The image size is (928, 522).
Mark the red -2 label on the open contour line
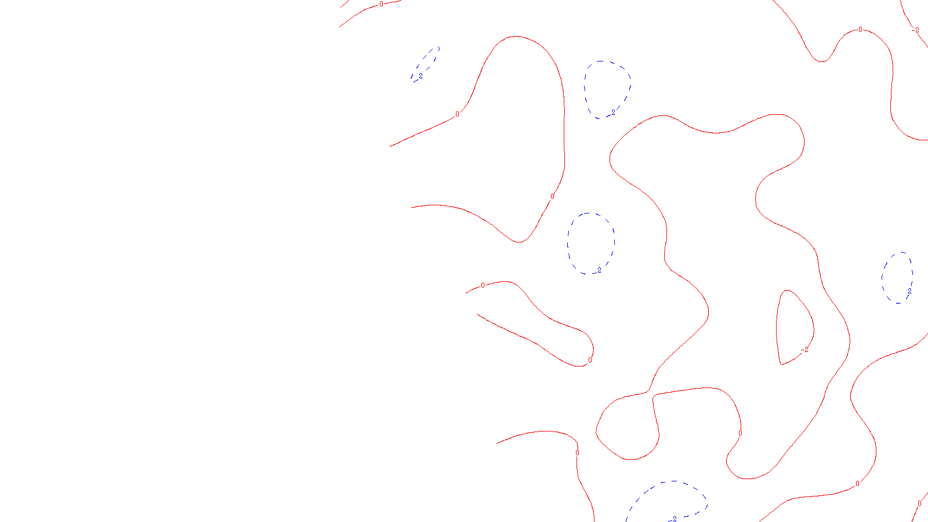tap(915, 30)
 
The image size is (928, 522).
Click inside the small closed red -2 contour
tap(793, 328)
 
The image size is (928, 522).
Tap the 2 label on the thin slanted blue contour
tap(420, 75)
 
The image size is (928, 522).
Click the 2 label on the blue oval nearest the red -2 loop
tap(909, 291)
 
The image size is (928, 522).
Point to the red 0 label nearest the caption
tap(577, 453)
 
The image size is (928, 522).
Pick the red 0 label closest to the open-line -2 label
tap(860, 30)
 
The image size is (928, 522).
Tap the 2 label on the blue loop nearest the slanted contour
tap(613, 113)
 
